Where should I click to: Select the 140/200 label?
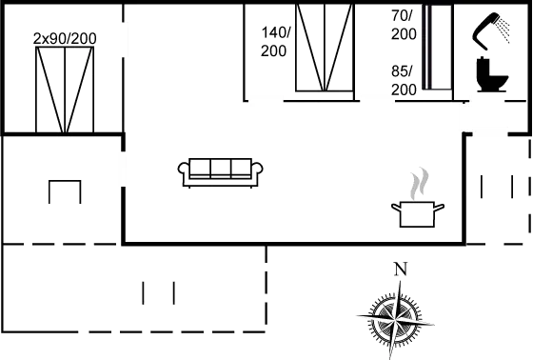click(x=274, y=41)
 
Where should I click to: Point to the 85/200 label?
click(x=404, y=80)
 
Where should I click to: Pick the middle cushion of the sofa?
click(x=221, y=169)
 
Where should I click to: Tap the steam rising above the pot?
click(x=418, y=185)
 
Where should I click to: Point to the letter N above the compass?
click(x=401, y=268)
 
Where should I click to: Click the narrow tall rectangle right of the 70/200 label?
click(x=439, y=47)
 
